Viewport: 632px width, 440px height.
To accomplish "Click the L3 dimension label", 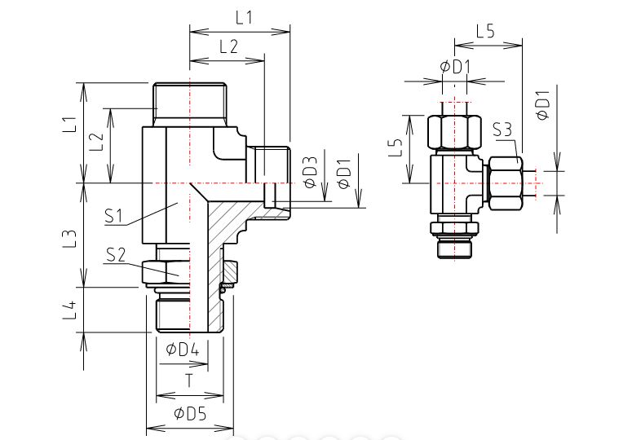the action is pyautogui.click(x=70, y=238).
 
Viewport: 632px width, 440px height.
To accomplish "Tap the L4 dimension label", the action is pyautogui.click(x=70, y=309).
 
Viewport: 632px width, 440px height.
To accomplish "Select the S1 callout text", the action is pyautogui.click(x=113, y=216).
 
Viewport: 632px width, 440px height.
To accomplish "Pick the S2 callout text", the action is pyautogui.click(x=116, y=254).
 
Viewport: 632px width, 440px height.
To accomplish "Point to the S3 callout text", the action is pyautogui.click(x=502, y=130).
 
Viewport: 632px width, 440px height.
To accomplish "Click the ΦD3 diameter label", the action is pyautogui.click(x=312, y=173).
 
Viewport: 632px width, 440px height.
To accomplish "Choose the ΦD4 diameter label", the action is pyautogui.click(x=183, y=349).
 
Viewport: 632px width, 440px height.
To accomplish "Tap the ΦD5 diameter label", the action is pyautogui.click(x=190, y=413).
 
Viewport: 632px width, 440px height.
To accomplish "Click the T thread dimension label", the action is pyautogui.click(x=189, y=380).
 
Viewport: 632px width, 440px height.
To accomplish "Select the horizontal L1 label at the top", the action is pyautogui.click(x=244, y=18).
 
